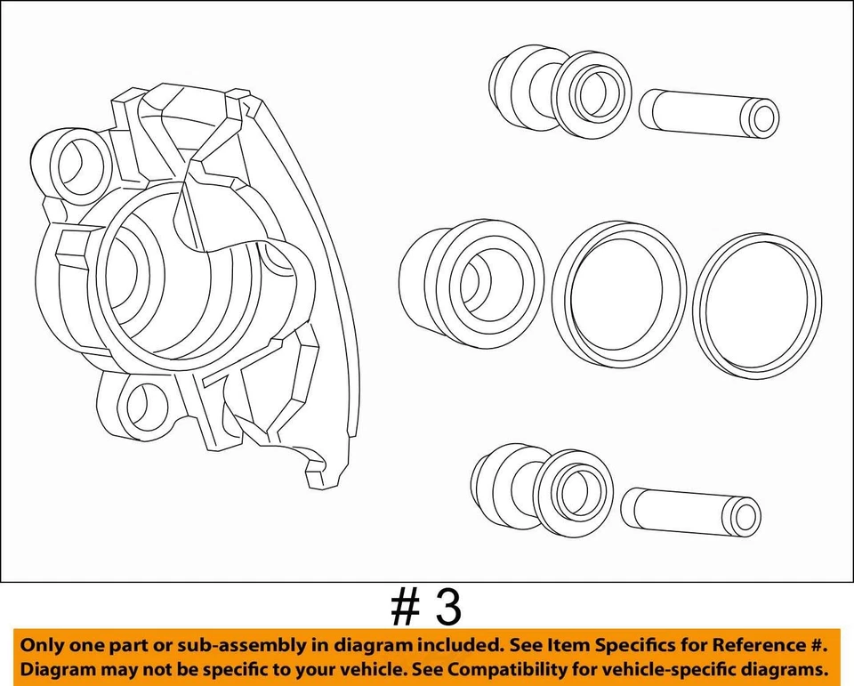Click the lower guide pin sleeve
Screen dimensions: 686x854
pyautogui.click(x=689, y=512)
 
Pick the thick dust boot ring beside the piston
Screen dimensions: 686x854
pyautogui.click(x=619, y=293)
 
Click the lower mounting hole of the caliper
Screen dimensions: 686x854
pyautogui.click(x=148, y=406)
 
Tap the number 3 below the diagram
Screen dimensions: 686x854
pyautogui.click(x=449, y=609)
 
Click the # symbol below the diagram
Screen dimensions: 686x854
pyautogui.click(x=405, y=609)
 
